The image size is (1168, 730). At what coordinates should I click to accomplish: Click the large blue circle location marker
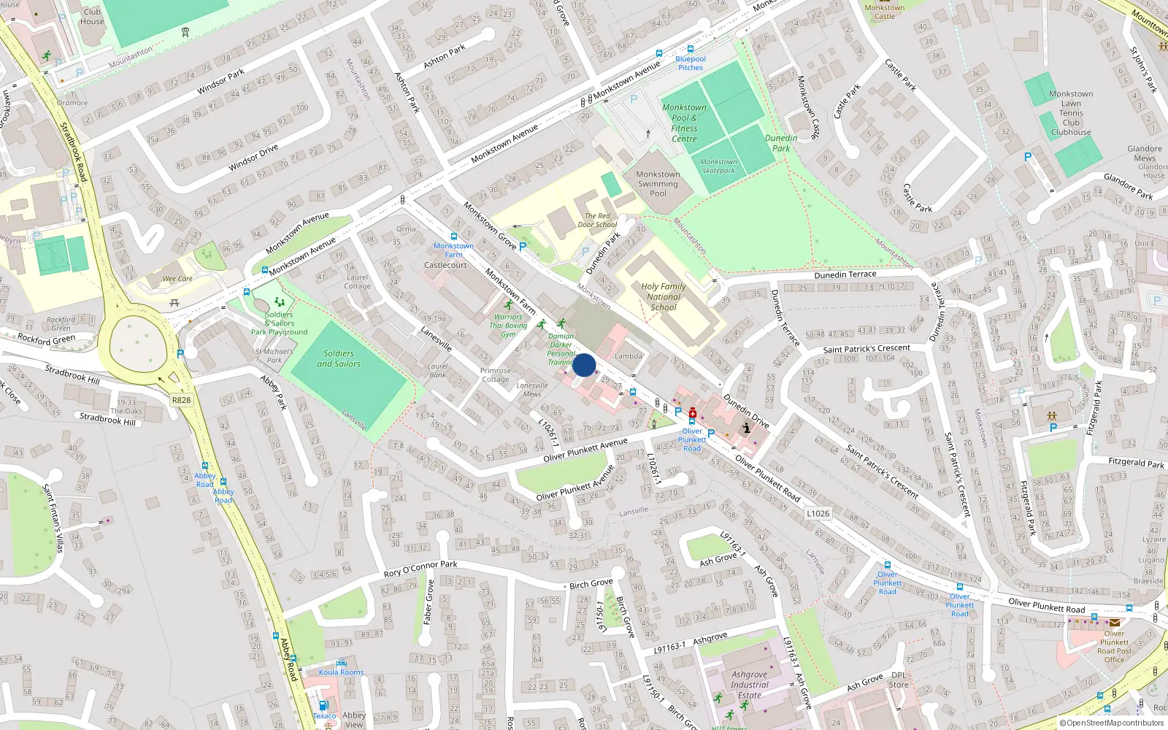pos(584,365)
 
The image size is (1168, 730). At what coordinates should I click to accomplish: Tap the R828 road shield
pos(181,400)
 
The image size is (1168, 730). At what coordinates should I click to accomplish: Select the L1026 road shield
pos(818,513)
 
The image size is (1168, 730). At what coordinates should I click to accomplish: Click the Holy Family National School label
pos(663,296)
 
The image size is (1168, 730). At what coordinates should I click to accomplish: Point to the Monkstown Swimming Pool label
pos(658,184)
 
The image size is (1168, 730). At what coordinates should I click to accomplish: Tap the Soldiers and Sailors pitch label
pos(339,358)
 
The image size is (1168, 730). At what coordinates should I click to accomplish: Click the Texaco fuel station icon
pos(323,705)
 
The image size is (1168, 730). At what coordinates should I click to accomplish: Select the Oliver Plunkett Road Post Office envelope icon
pos(1115,623)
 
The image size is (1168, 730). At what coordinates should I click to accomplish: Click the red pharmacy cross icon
pos(692,414)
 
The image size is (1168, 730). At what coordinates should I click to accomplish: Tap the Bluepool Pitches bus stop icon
pos(691,50)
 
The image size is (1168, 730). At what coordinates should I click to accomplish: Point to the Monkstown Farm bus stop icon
pos(454,237)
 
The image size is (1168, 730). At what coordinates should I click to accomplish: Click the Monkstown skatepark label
pos(718,166)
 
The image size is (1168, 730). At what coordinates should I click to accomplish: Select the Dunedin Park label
pos(781,143)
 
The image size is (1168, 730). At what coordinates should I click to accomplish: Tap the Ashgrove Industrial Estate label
pos(749,685)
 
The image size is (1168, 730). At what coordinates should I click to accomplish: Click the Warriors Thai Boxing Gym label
pos(508,326)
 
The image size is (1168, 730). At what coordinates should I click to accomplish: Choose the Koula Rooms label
pos(341,672)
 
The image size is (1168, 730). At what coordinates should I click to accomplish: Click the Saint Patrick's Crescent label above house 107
pos(867,349)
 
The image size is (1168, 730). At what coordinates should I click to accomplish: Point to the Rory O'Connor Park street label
pos(420,569)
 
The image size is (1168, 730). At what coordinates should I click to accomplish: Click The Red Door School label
pos(597,220)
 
